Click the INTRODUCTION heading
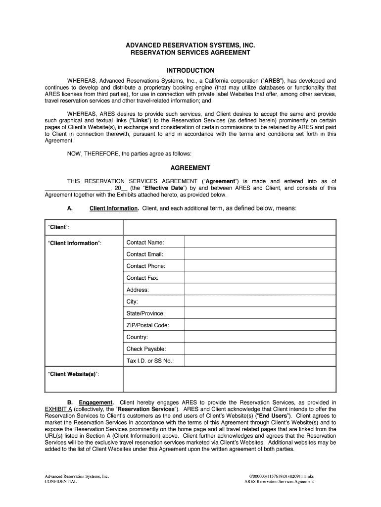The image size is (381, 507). tap(190, 70)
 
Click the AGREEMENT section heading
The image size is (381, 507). tap(190, 168)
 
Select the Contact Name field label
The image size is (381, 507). tap(145, 243)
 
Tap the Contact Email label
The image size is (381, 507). tap(144, 254)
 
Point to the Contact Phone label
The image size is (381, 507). tap(146, 266)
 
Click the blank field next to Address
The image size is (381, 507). tap(260, 290)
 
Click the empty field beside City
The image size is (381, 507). tap(260, 302)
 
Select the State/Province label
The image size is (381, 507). tap(145, 314)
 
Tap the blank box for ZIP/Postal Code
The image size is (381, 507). tap(260, 326)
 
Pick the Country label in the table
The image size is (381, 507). tap(137, 338)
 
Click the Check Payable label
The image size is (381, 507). tap(146, 350)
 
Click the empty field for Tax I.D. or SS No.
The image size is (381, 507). tap(260, 361)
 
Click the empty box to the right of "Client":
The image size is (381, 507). tap(229, 227)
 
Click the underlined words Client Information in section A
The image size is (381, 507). tap(114, 208)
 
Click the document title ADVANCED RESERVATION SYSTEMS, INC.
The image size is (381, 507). tap(190, 45)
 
